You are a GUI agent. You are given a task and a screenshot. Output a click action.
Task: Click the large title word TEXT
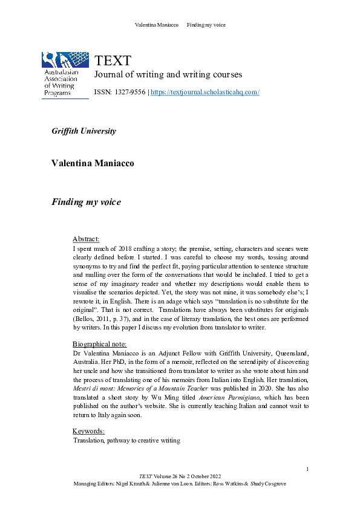click(113, 61)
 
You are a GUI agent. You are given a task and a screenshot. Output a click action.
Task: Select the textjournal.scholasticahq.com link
click(205, 92)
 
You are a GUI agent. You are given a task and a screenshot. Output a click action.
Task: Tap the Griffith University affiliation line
click(83, 131)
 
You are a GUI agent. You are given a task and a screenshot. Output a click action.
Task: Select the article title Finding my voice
click(86, 202)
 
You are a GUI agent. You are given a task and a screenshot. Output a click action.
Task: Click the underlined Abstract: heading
click(86, 239)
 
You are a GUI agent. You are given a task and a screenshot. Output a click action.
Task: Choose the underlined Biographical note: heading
click(99, 343)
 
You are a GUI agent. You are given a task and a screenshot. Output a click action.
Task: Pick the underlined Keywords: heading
click(89, 431)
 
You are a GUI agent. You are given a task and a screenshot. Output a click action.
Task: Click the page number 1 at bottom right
click(307, 469)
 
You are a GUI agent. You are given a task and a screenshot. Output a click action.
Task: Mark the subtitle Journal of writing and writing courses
click(168, 75)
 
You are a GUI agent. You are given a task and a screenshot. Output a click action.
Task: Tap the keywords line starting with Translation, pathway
click(126, 441)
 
